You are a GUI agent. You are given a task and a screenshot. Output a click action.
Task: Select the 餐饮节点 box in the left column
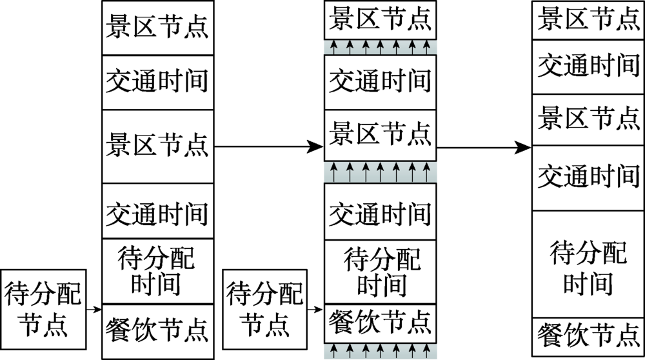pyautogui.click(x=157, y=331)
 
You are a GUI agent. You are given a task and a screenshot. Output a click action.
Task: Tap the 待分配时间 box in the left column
pyautogui.click(x=157, y=271)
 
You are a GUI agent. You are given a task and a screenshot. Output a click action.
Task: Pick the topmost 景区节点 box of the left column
pyautogui.click(x=157, y=29)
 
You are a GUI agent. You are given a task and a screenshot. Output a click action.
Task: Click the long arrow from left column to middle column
pyautogui.click(x=268, y=147)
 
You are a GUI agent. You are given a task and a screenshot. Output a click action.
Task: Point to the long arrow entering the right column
pyautogui.click(x=484, y=148)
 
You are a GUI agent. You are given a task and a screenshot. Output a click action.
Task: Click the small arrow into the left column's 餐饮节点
pyautogui.click(x=94, y=310)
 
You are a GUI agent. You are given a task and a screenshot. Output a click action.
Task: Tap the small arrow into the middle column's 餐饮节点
pyautogui.click(x=315, y=310)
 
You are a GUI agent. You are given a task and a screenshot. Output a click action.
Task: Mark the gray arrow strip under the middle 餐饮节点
pyautogui.click(x=380, y=351)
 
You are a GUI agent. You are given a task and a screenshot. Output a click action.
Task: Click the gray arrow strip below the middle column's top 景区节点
pyautogui.click(x=380, y=46)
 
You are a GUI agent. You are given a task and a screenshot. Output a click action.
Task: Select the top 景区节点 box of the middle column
pyautogui.click(x=380, y=21)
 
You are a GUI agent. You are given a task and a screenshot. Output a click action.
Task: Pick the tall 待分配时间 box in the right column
pyautogui.click(x=588, y=264)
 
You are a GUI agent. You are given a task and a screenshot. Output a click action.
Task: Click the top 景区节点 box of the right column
pyautogui.click(x=588, y=17)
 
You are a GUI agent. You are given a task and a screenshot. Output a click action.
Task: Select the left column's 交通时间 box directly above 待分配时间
pyautogui.click(x=157, y=212)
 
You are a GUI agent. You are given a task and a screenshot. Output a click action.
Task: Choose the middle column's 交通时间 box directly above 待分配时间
pyautogui.click(x=380, y=212)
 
